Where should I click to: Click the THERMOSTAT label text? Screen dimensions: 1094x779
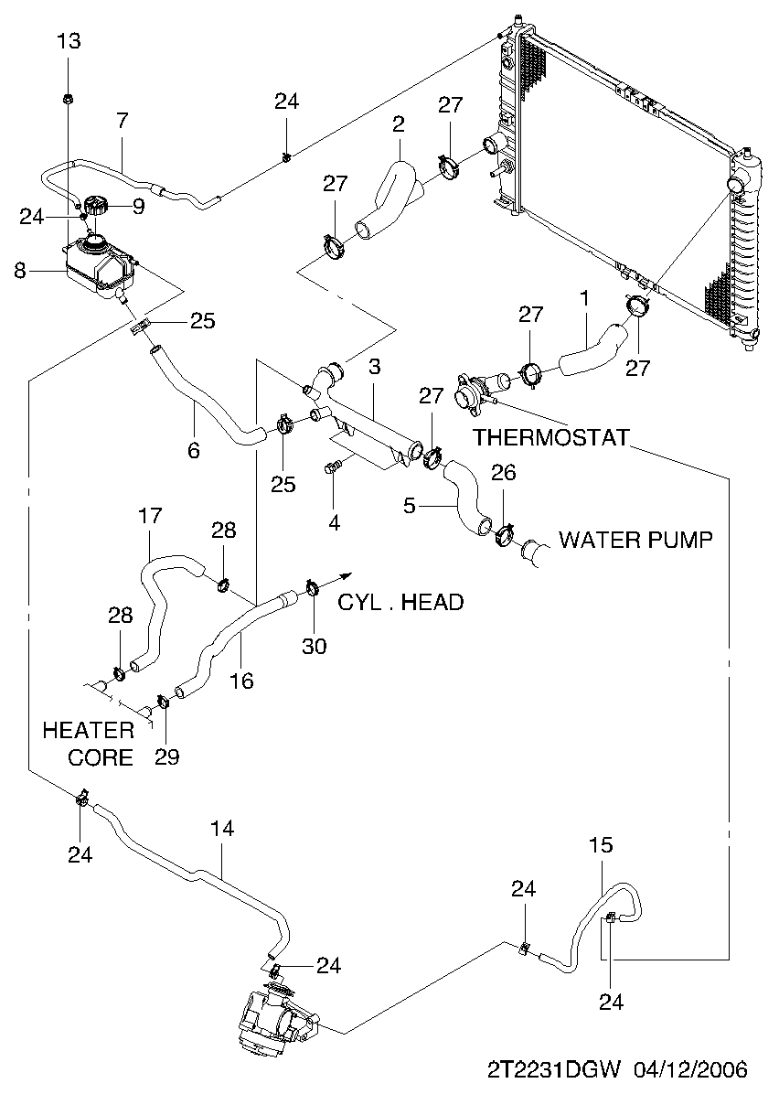point(551,437)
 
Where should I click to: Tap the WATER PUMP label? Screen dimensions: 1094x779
point(635,540)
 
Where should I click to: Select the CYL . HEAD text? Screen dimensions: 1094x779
point(400,602)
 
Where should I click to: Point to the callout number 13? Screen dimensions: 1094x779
point(69,41)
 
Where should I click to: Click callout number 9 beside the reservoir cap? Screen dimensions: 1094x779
point(138,207)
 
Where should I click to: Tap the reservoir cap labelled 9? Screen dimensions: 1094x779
point(95,206)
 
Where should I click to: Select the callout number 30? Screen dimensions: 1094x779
point(314,646)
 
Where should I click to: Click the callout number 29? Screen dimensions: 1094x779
point(166,756)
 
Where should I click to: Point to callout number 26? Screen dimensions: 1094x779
point(504,473)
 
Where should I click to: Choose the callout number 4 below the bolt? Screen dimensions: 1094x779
point(334,522)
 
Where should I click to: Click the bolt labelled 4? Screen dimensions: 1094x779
point(332,469)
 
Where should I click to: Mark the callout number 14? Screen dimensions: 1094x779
point(222,829)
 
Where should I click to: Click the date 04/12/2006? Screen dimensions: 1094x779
point(693,1069)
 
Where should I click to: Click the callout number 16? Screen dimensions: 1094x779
point(242,681)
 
